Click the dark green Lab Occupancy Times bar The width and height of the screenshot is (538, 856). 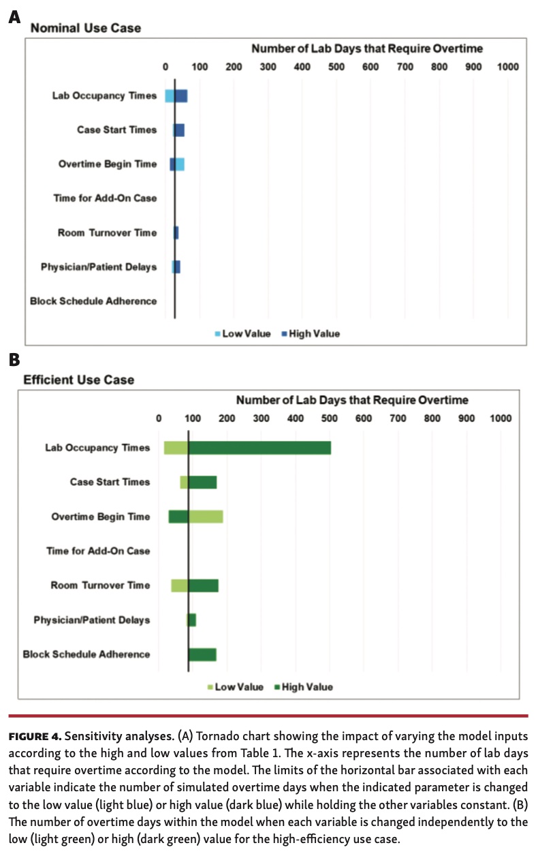click(x=259, y=448)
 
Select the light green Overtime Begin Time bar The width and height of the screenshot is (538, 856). click(x=206, y=517)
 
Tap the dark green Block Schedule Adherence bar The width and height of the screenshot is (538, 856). click(x=202, y=654)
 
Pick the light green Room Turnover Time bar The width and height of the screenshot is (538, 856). click(x=179, y=585)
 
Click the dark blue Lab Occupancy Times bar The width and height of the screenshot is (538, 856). click(x=181, y=95)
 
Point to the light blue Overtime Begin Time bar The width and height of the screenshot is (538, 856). click(x=180, y=164)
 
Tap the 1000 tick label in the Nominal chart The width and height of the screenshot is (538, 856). click(x=507, y=67)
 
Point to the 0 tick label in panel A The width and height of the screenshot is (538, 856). click(x=165, y=67)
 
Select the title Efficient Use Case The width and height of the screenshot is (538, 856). click(x=79, y=380)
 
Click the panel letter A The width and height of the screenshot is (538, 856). click(x=14, y=17)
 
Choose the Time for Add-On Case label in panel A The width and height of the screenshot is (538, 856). click(x=105, y=198)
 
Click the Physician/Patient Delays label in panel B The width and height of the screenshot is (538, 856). click(x=92, y=620)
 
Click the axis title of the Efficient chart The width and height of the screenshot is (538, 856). click(x=351, y=400)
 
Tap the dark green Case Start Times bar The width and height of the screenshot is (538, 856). click(x=202, y=483)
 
